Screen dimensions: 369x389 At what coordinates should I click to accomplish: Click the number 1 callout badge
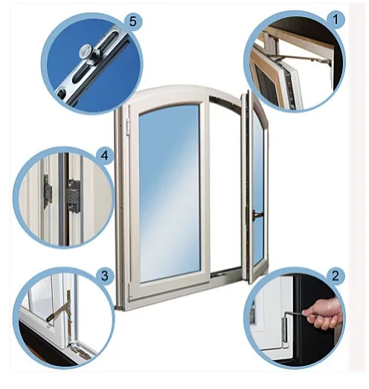(335, 19)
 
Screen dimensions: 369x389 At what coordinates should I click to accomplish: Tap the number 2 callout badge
(335, 276)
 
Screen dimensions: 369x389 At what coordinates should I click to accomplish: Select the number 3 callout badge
(105, 276)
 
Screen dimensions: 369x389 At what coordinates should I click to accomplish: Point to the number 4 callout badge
(105, 155)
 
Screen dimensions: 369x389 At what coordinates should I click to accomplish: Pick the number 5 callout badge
(132, 22)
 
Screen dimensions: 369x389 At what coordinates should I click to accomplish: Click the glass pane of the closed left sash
(170, 193)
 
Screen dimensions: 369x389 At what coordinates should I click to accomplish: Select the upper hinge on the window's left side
(128, 126)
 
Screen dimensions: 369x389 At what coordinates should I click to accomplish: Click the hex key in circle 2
(296, 315)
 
